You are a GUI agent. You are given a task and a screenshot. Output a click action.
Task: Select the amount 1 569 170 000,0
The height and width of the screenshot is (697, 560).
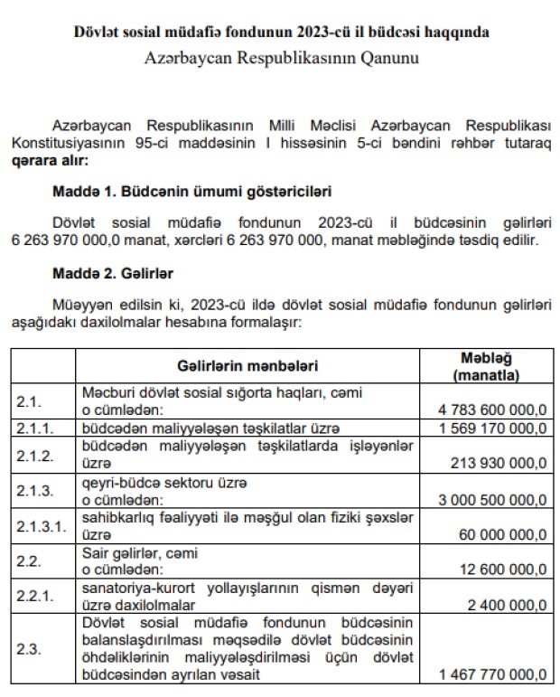[493, 427]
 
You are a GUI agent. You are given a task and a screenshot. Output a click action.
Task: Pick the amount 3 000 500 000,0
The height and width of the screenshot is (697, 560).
[493, 498]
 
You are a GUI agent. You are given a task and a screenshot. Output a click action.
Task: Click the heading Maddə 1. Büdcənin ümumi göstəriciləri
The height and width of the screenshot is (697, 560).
[192, 192]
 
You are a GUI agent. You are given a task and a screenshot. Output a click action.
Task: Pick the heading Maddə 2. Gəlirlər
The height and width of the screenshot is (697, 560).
[113, 272]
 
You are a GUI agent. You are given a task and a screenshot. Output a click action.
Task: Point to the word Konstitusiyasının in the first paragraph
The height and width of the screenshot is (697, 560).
[69, 144]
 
